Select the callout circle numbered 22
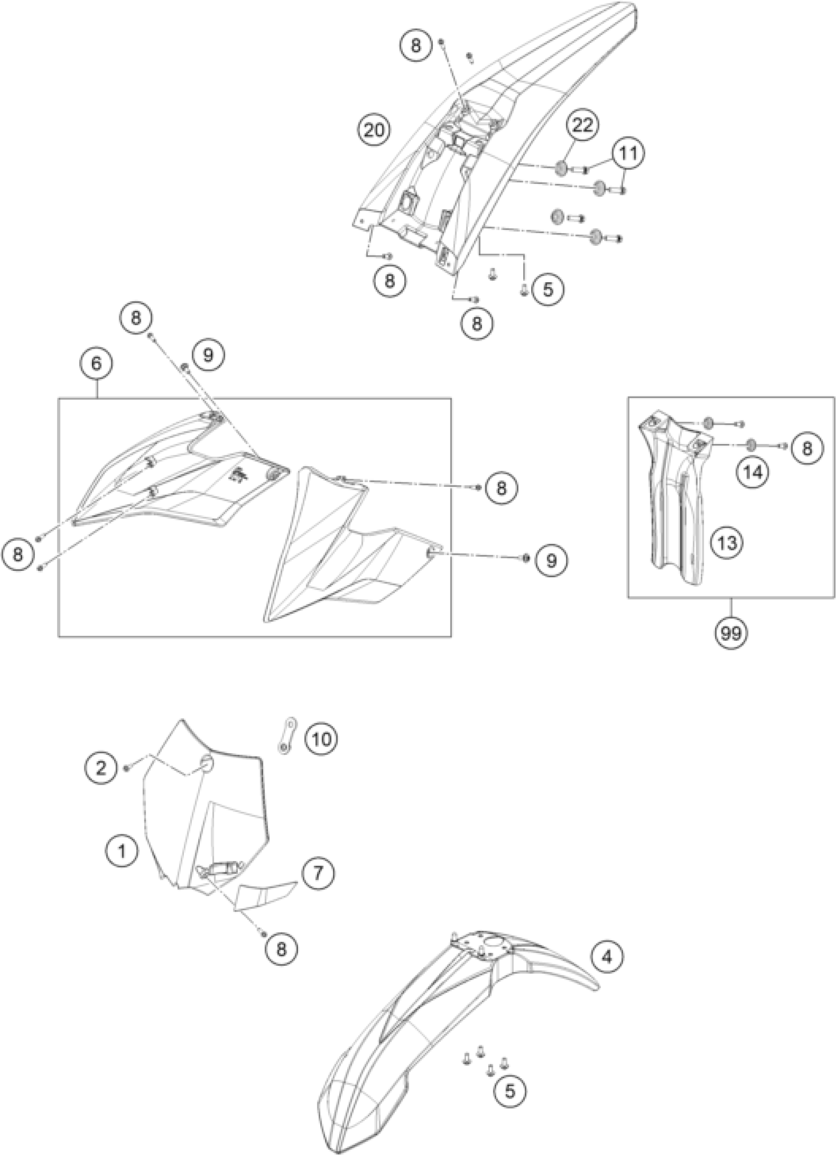(582, 126)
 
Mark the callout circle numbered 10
(322, 738)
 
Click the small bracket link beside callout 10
(289, 735)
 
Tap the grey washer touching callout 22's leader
(560, 168)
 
